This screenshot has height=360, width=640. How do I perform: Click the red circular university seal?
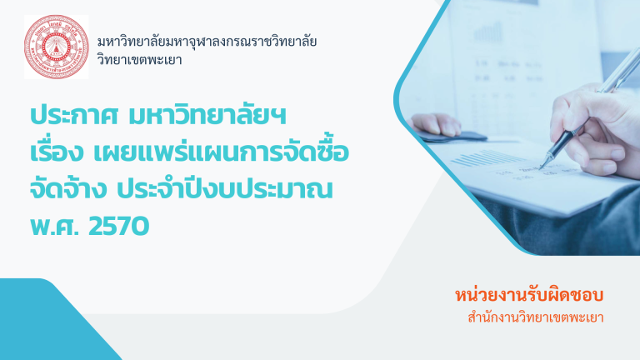[x=57, y=47]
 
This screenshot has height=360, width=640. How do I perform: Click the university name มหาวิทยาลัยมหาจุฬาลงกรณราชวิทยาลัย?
[x=207, y=42]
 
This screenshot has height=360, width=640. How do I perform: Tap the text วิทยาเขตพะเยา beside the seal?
[x=140, y=60]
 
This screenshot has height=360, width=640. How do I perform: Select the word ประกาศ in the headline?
[x=74, y=116]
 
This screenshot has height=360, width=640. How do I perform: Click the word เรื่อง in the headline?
[x=57, y=152]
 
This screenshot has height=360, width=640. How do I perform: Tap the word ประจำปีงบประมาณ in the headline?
[x=224, y=188]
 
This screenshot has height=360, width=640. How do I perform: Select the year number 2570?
[x=118, y=226]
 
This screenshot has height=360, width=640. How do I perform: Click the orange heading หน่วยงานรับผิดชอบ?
[x=529, y=295]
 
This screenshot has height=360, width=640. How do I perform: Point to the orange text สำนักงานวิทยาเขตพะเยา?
[x=536, y=317]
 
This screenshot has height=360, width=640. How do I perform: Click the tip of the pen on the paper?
[x=540, y=168]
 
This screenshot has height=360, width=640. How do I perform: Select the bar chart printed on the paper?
[x=486, y=158]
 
